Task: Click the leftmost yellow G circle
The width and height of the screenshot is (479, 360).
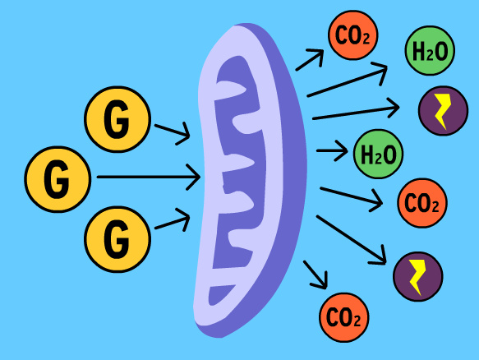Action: pyautogui.click(x=58, y=179)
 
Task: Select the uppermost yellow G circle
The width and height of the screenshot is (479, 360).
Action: pyautogui.click(x=117, y=119)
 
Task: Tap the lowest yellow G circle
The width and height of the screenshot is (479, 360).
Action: pyautogui.click(x=117, y=239)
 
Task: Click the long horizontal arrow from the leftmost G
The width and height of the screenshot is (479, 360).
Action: pyautogui.click(x=149, y=177)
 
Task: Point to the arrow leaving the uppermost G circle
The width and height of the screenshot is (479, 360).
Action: pyautogui.click(x=173, y=133)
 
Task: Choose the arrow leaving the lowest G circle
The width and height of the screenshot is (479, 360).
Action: pyautogui.click(x=173, y=220)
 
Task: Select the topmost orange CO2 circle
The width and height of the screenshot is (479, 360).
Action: pyautogui.click(x=352, y=35)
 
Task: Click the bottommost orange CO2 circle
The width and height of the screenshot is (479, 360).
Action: pyautogui.click(x=344, y=317)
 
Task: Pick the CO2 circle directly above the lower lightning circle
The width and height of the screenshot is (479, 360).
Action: pyautogui.click(x=422, y=203)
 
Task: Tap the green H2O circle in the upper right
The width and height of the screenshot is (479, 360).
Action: pyautogui.click(x=430, y=50)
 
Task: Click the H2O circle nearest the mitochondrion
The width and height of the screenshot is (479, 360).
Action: pyautogui.click(x=378, y=154)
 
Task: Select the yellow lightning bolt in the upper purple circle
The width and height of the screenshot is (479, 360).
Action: pyautogui.click(x=443, y=111)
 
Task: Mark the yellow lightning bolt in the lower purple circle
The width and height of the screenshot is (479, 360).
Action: pyautogui.click(x=417, y=277)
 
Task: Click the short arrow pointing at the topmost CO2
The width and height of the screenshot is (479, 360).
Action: pyautogui.click(x=310, y=60)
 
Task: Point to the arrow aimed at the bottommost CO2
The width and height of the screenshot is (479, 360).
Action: pyautogui.click(x=315, y=275)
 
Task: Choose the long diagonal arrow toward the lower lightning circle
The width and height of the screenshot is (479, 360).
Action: pyautogui.click(x=352, y=240)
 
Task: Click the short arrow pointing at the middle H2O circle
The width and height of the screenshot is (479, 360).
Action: pyautogui.click(x=332, y=150)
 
